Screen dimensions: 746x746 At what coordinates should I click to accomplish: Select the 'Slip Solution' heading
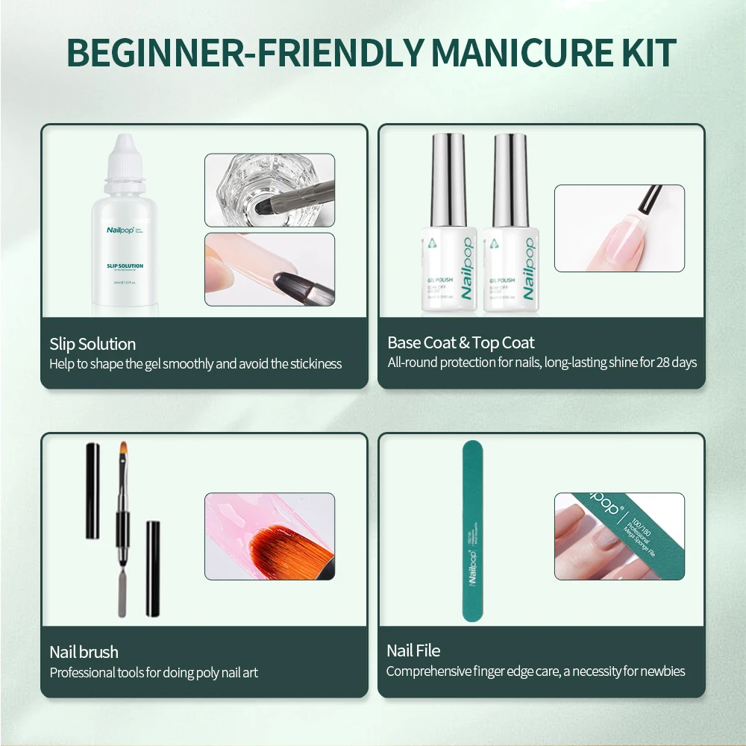tap(93, 344)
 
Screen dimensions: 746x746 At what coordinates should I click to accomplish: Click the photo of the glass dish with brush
tap(269, 189)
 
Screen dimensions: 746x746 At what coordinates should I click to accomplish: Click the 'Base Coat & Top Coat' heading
tap(461, 343)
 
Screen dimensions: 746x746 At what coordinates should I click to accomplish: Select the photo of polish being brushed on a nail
tap(619, 228)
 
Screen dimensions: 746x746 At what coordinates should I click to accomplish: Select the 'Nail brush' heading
tap(84, 652)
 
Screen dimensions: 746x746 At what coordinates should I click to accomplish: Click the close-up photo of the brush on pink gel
tap(269, 536)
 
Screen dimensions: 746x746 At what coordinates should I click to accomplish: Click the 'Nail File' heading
tap(413, 651)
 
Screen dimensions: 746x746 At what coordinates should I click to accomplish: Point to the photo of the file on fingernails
tap(619, 536)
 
